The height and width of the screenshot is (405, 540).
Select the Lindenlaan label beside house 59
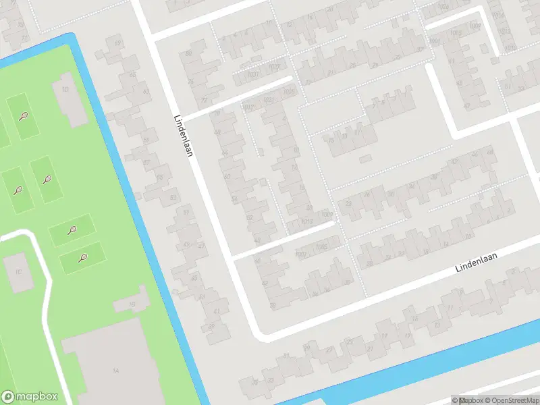coord(183,134)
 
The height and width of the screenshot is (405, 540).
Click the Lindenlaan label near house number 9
coord(480,263)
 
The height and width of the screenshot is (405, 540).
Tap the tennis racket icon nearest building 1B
coord(83,256)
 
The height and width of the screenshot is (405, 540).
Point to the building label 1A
coord(116,371)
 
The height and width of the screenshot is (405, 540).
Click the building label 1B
coord(132,304)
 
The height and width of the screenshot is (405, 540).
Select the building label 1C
coord(18,271)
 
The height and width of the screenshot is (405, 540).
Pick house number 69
coord(117,44)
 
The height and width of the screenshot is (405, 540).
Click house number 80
coord(188,53)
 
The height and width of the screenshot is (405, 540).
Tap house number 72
coord(204,101)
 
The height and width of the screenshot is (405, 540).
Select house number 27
coord(329,350)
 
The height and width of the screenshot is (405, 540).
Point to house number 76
coord(190,81)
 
